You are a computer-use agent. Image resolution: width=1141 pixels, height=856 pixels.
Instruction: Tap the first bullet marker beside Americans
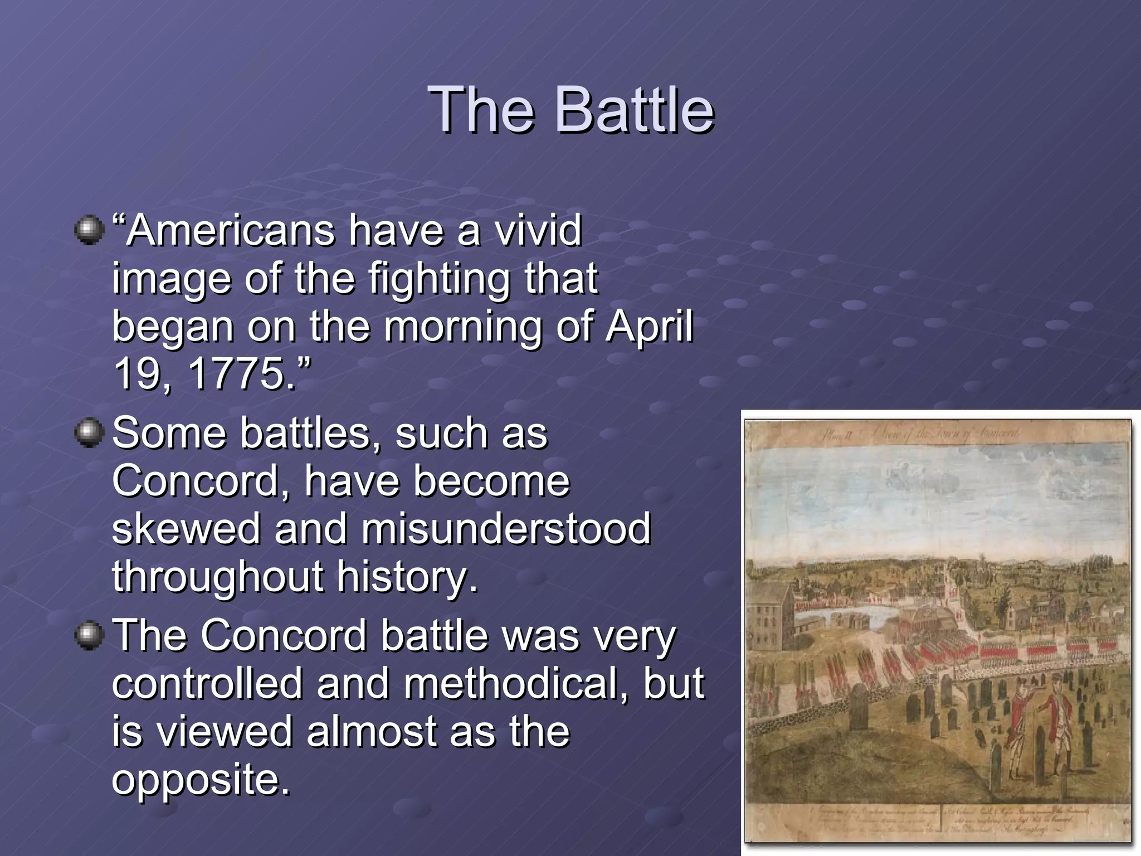[x=89, y=230]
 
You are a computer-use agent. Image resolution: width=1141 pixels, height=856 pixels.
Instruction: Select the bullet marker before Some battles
[x=89, y=433]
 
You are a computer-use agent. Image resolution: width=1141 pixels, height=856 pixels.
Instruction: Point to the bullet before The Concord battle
[x=89, y=636]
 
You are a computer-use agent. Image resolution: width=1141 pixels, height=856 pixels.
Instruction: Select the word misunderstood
[x=506, y=529]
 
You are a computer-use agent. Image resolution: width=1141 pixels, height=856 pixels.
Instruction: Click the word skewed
[x=186, y=529]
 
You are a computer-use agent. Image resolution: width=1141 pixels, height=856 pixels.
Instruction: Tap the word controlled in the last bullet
[x=207, y=683]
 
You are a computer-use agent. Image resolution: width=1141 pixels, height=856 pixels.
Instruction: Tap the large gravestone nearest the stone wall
[x=860, y=707]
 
